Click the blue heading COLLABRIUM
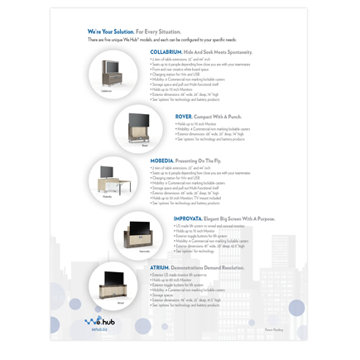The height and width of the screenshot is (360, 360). (x=167, y=51)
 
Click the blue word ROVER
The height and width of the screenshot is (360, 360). (x=184, y=117)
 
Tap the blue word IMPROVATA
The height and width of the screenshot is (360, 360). (x=191, y=218)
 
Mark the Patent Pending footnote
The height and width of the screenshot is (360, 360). (x=274, y=329)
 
